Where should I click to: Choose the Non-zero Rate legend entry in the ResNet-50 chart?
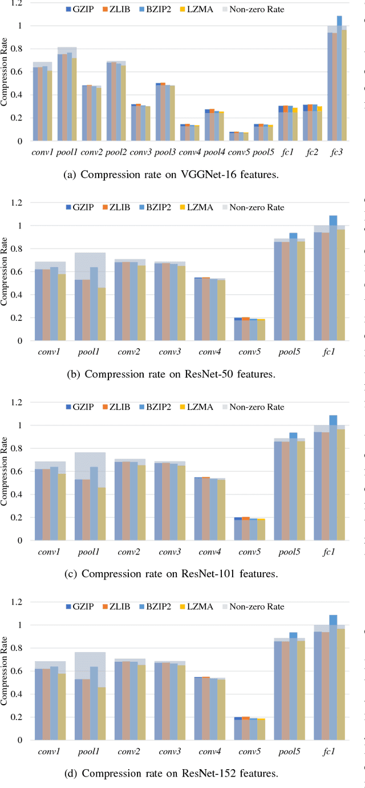[251, 207]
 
